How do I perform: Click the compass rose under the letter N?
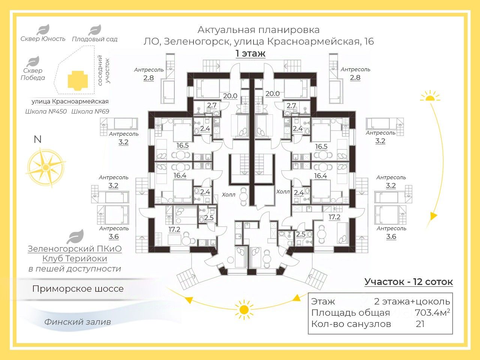(46, 168)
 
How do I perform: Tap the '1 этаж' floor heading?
(250, 53)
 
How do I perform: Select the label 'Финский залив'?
(78, 322)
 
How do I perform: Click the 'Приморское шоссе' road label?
(78, 289)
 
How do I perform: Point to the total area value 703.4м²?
(432, 313)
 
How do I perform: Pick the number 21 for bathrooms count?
(420, 324)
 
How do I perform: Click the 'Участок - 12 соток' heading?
(408, 282)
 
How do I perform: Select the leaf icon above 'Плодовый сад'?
(95, 30)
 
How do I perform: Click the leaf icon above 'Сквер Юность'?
(43, 30)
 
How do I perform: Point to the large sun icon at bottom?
(244, 310)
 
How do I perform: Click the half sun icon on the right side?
(430, 96)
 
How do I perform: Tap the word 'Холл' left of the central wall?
(228, 195)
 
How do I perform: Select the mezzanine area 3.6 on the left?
(114, 237)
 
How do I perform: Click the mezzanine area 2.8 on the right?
(355, 78)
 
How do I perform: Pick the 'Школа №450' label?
(46, 112)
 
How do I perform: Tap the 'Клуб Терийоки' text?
(75, 259)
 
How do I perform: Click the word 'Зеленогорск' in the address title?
(197, 42)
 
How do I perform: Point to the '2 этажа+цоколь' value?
(412, 301)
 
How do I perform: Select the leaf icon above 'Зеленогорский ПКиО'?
(75, 237)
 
